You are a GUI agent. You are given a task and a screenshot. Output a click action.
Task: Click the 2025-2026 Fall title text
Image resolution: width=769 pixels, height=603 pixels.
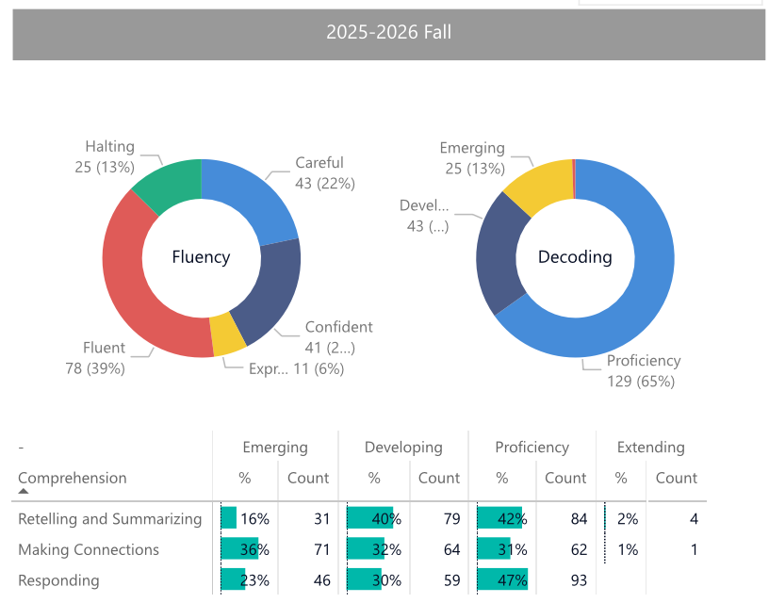click(388, 32)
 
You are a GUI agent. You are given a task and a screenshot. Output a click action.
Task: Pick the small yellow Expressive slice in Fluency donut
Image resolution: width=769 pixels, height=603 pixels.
click(226, 334)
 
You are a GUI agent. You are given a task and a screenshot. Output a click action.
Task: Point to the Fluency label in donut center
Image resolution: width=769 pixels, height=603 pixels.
click(201, 257)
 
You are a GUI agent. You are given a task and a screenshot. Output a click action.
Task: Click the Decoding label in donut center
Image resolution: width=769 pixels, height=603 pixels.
click(575, 257)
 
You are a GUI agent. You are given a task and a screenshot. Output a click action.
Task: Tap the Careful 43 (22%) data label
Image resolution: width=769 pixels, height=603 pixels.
click(319, 173)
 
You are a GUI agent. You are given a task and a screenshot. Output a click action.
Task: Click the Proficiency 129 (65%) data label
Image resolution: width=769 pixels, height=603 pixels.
click(643, 371)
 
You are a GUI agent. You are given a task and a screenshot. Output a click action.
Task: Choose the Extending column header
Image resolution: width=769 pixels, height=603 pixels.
click(650, 448)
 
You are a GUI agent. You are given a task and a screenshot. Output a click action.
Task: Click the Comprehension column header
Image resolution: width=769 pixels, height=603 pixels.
click(72, 478)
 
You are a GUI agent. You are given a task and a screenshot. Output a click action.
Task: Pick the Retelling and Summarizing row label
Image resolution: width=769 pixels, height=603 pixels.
click(109, 519)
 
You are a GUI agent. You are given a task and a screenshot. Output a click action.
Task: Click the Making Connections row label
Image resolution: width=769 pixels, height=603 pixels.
click(89, 549)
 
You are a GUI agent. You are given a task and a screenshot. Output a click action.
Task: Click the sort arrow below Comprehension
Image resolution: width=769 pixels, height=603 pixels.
click(24, 492)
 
